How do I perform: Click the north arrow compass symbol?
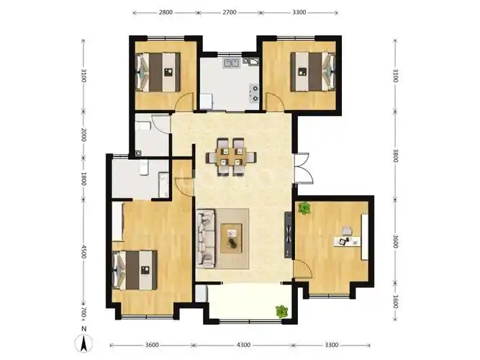(x=83, y=343)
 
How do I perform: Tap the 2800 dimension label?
(x=166, y=12)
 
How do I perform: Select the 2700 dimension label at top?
(x=230, y=12)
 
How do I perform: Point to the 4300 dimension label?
(x=243, y=345)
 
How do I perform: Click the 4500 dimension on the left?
(x=83, y=251)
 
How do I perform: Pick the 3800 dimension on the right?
(x=396, y=156)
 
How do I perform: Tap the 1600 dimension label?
(x=396, y=302)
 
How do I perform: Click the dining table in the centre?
(x=231, y=157)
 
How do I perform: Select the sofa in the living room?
(x=206, y=238)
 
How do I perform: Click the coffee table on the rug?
(x=232, y=238)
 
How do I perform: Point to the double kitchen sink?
(x=232, y=63)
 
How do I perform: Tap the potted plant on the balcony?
(x=282, y=312)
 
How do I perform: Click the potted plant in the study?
(x=304, y=208)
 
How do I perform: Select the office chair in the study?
(x=347, y=230)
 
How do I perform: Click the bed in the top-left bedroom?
(x=158, y=72)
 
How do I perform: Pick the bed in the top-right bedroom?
(x=313, y=72)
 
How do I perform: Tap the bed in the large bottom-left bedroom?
(x=135, y=270)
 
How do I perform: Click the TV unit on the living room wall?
(x=289, y=235)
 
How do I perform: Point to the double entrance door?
(x=304, y=168)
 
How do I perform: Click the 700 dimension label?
(x=83, y=313)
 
